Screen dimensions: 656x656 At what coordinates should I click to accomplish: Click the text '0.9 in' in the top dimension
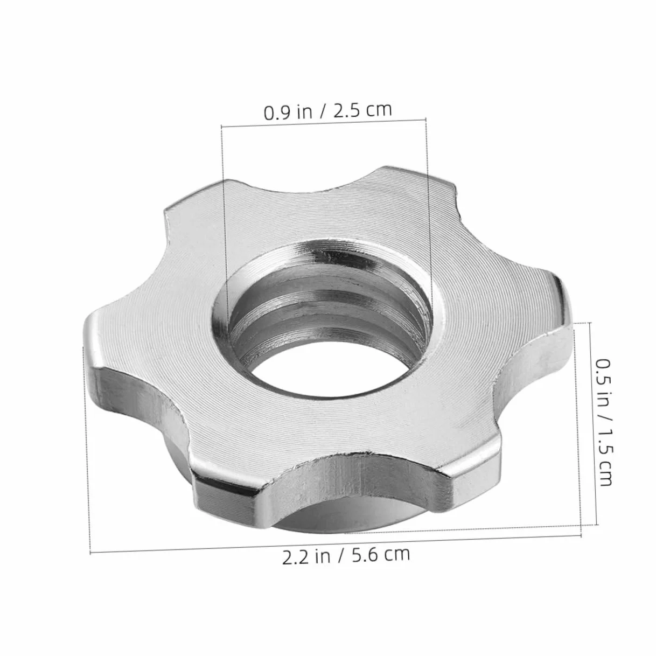point(288,112)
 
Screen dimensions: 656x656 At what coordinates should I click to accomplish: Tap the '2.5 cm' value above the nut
point(362,110)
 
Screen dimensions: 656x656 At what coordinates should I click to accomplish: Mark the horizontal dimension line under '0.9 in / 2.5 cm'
point(324,123)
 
